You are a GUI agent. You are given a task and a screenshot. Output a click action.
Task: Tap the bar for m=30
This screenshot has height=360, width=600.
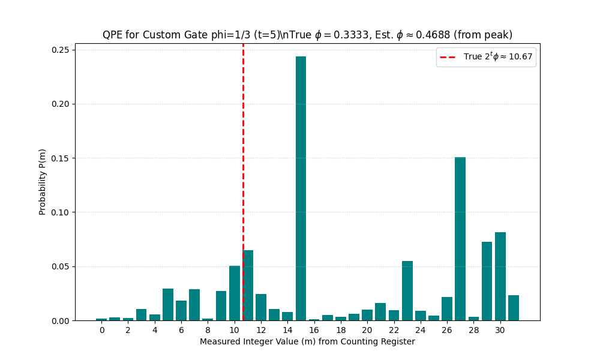tap(500, 277)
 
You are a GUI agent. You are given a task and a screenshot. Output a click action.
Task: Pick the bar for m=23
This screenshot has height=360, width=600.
tap(407, 291)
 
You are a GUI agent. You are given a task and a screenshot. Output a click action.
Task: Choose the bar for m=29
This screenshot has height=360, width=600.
tap(487, 281)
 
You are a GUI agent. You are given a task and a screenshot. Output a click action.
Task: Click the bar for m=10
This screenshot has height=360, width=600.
tap(235, 293)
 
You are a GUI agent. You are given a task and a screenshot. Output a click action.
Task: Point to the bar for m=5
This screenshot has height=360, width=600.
tap(168, 305)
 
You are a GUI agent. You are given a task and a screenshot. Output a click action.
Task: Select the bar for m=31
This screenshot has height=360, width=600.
tap(514, 308)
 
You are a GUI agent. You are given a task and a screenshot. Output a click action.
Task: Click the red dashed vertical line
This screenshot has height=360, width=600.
tap(243, 150)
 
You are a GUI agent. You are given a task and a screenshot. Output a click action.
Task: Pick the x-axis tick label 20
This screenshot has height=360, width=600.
tap(367, 330)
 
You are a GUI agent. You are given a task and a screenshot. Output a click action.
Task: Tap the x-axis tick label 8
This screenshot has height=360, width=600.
tap(208, 330)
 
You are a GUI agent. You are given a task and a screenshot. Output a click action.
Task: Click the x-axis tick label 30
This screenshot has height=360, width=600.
tap(500, 330)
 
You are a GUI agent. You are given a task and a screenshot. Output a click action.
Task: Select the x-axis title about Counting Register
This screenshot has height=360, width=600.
tap(307, 342)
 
